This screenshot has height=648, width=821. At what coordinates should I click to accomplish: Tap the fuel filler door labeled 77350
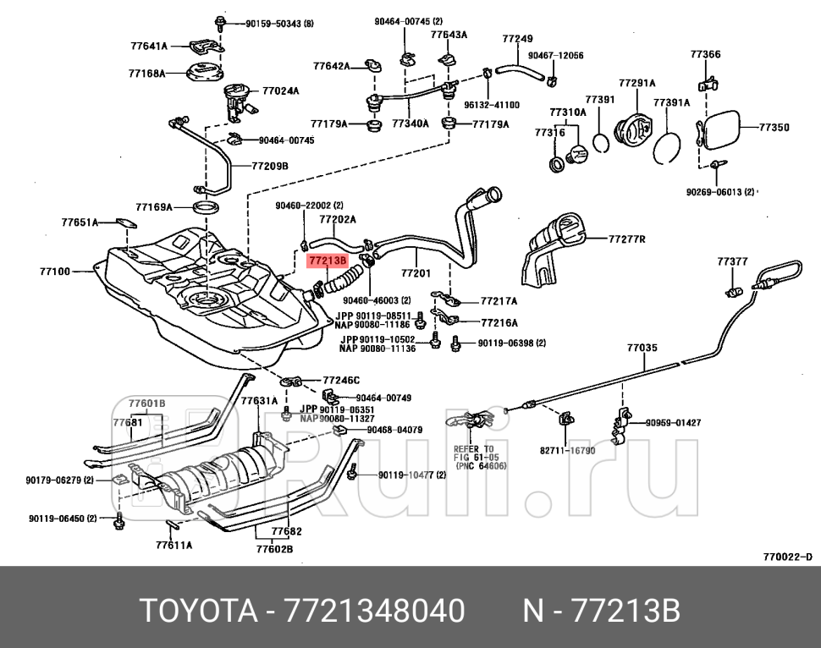(x=719, y=128)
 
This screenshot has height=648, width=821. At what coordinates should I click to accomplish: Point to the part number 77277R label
(x=626, y=239)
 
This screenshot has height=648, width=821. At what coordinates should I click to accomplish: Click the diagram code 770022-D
(x=787, y=557)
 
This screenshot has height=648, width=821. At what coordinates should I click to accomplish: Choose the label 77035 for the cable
(x=642, y=348)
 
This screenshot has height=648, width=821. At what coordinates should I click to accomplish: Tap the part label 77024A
(x=280, y=91)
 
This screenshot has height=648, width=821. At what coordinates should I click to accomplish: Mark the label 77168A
(x=146, y=74)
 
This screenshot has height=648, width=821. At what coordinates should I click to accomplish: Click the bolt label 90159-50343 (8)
(x=279, y=23)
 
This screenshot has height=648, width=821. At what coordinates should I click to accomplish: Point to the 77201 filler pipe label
(x=416, y=273)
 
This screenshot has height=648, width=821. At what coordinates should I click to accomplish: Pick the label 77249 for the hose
(x=517, y=38)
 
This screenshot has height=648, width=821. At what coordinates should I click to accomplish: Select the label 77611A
(x=174, y=545)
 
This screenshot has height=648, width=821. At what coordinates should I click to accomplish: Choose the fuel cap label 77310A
(x=567, y=112)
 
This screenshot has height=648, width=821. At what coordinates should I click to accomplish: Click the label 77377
(x=732, y=261)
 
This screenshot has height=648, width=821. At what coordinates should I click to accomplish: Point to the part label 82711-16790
(x=567, y=451)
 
